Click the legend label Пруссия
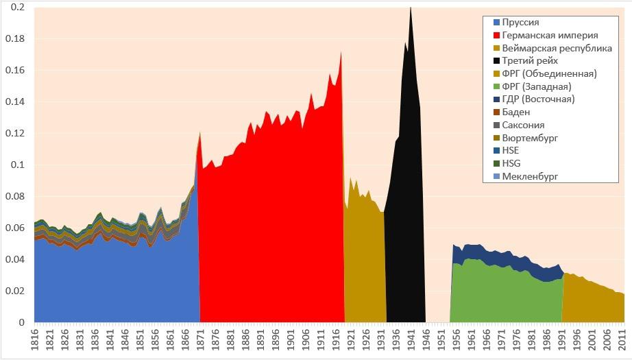pyautogui.click(x=524, y=22)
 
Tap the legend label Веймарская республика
pyautogui.click(x=557, y=48)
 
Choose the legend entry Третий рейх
pyautogui.click(x=530, y=61)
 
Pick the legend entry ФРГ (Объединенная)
pyautogui.click(x=549, y=73)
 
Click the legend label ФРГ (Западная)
pyautogui.click(x=537, y=86)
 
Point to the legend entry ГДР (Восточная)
pyautogui.click(x=538, y=99)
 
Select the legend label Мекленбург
pyautogui.click(x=531, y=177)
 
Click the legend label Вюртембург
pyautogui.click(x=530, y=138)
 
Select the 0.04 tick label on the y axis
pyautogui.click(x=15, y=260)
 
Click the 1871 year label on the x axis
pyautogui.click(x=200, y=340)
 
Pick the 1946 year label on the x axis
pyautogui.click(x=426, y=340)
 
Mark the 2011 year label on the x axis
pyautogui.click(x=621, y=340)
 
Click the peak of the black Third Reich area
pyautogui.click(x=411, y=8)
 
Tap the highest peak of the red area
pyautogui.click(x=341, y=52)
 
